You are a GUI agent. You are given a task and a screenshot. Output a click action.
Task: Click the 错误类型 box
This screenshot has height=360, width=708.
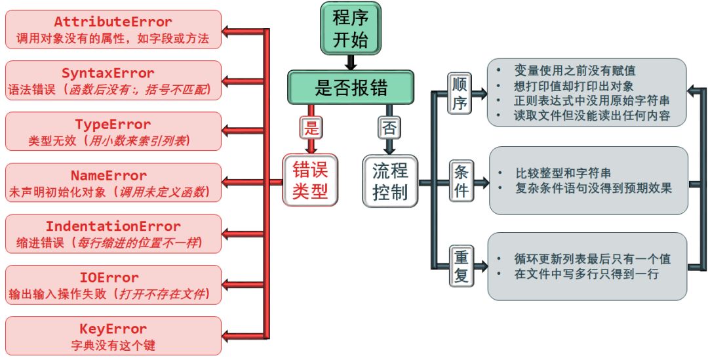pyautogui.click(x=311, y=181)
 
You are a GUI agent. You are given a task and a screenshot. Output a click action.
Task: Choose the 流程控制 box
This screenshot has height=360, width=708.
pyautogui.click(x=390, y=181)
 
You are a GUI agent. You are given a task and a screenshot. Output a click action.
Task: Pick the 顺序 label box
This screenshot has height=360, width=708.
pyautogui.click(x=461, y=92)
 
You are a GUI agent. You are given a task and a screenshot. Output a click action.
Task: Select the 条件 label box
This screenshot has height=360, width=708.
pyautogui.click(x=461, y=180)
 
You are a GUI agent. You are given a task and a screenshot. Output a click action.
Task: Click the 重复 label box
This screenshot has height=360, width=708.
pyautogui.click(x=461, y=266)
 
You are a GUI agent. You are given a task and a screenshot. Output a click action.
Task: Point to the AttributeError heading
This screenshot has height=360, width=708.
pyautogui.click(x=113, y=22)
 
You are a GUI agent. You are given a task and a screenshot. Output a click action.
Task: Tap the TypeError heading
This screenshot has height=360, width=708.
pyautogui.click(x=113, y=125)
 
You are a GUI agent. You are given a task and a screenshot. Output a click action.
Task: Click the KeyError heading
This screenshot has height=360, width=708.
pyautogui.click(x=113, y=329)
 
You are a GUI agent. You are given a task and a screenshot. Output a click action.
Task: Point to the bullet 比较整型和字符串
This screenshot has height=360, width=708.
pyautogui.click(x=563, y=174)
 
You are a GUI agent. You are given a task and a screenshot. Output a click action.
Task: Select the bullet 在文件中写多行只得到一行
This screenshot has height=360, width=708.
pyautogui.click(x=586, y=274)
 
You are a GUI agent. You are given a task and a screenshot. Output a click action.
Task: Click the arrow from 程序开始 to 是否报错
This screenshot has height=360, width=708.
pyautogui.click(x=351, y=63)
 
